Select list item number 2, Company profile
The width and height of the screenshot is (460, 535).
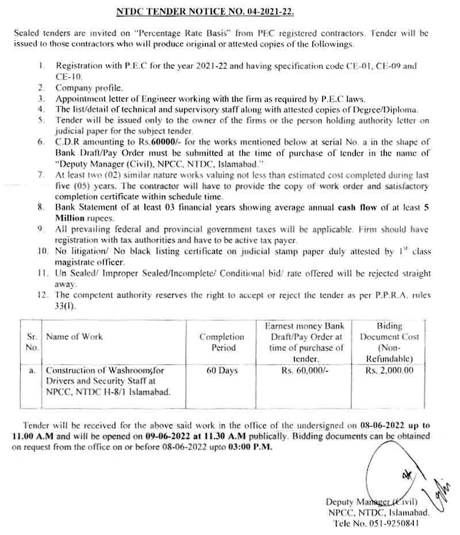point(89,88)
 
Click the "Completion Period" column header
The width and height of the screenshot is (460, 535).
point(221,342)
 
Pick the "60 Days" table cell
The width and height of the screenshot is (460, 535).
point(221,371)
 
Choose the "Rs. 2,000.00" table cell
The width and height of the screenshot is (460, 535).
point(389,371)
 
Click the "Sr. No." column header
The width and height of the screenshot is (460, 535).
point(32,342)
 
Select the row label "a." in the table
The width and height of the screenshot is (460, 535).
point(32,371)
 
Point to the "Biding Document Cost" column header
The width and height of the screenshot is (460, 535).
point(389,342)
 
